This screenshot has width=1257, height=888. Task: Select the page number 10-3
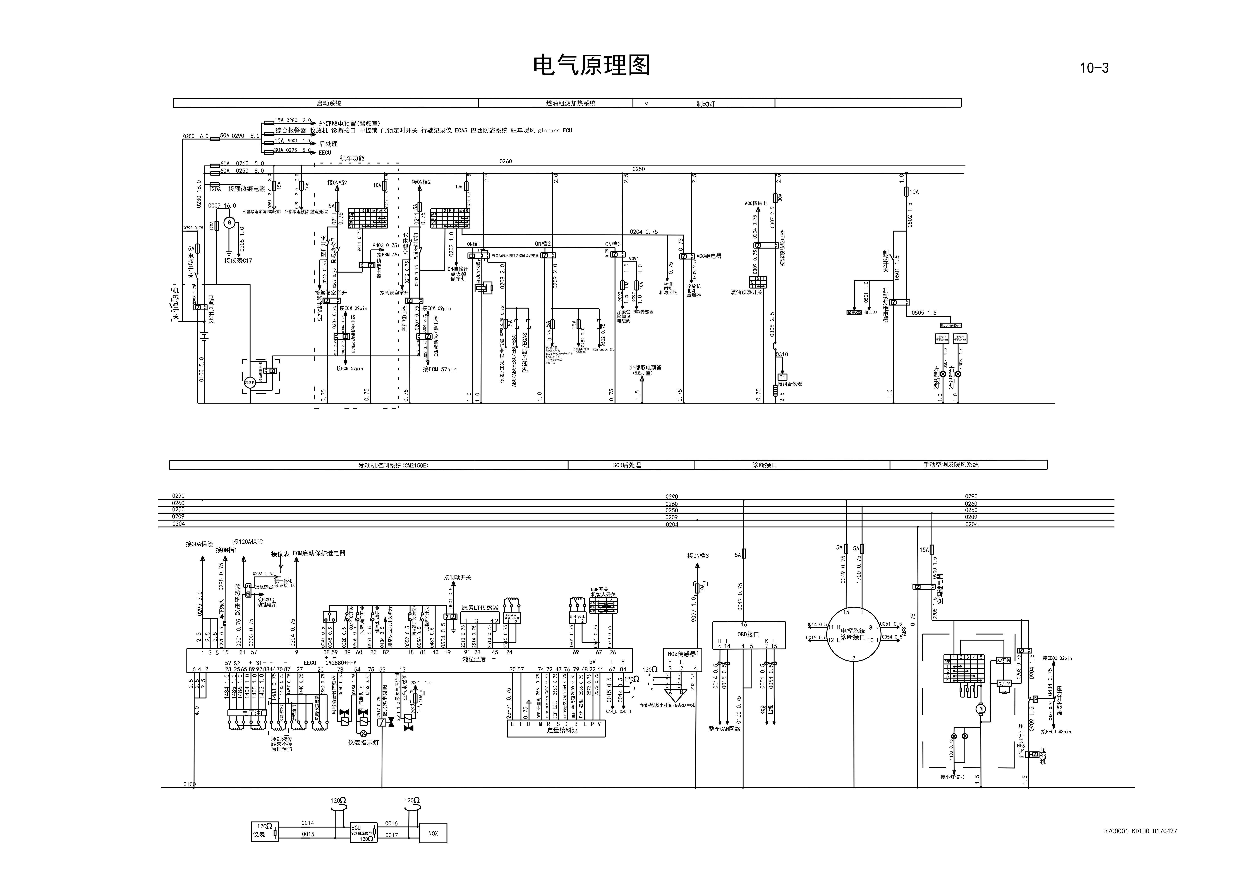coord(1094,68)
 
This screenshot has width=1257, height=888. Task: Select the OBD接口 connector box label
coord(748,635)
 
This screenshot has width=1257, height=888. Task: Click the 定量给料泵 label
coord(562,730)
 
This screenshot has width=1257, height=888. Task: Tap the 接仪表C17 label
coord(238,261)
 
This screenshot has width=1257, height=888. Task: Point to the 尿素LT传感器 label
coord(480,608)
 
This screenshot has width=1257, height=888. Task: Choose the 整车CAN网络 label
coord(724,729)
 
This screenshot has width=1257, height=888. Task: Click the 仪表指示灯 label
coord(363,742)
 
